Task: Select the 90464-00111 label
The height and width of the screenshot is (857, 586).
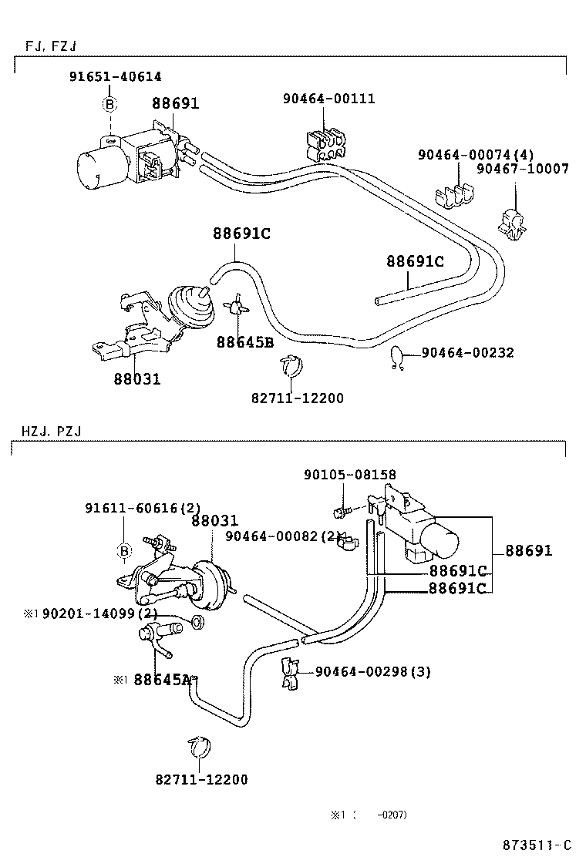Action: [x=328, y=99]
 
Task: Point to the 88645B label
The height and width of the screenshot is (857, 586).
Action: [x=244, y=342]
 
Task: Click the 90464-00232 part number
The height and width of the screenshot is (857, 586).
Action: [x=468, y=353]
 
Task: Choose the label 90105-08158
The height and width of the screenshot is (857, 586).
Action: [x=350, y=476]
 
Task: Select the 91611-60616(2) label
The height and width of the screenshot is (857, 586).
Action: [x=143, y=508]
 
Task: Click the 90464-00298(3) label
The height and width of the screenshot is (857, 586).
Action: [x=372, y=671]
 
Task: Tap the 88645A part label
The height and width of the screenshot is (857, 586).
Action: [x=162, y=680]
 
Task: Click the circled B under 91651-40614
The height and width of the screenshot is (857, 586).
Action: [x=109, y=104]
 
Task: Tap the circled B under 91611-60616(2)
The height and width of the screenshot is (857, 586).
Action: [x=123, y=550]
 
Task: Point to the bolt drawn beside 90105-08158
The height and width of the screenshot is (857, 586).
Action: [x=340, y=511]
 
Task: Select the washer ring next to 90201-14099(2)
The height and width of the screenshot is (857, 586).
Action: [x=197, y=621]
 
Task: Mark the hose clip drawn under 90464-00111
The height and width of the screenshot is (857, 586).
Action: [x=325, y=143]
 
